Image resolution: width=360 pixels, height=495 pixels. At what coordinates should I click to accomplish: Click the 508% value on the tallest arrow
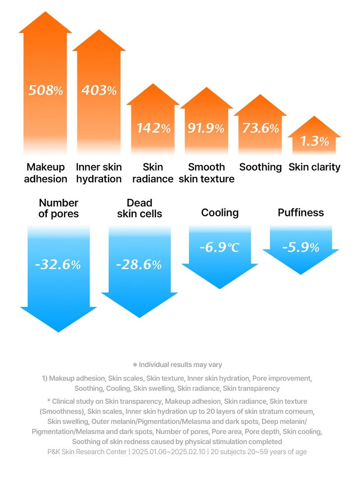click(x=46, y=90)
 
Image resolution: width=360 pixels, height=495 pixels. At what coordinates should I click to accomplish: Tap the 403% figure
click(x=99, y=90)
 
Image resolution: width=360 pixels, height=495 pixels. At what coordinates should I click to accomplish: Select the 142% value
click(x=153, y=128)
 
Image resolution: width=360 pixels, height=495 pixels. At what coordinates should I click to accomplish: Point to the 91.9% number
click(x=206, y=128)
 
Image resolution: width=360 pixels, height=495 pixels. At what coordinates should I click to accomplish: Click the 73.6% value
click(x=261, y=128)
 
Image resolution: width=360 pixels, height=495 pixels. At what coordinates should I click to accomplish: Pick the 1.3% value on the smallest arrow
click(x=315, y=141)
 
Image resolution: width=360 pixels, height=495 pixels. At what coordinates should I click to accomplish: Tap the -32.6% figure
click(x=58, y=265)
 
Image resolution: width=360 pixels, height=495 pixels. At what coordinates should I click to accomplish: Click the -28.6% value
click(x=139, y=265)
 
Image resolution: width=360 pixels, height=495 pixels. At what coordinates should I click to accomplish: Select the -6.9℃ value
click(x=220, y=247)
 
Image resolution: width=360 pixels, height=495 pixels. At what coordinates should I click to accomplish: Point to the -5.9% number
click(x=301, y=247)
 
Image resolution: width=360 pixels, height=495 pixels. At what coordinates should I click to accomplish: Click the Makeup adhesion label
click(x=45, y=173)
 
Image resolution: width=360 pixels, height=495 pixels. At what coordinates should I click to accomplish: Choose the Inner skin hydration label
click(x=99, y=173)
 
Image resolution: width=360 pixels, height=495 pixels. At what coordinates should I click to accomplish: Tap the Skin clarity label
click(x=315, y=167)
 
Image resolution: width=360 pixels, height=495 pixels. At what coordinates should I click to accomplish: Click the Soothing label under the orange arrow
click(x=261, y=167)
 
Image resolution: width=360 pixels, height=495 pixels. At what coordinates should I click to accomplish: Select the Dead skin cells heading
click(x=139, y=208)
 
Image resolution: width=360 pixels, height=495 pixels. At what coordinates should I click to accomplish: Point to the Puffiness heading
click(x=301, y=212)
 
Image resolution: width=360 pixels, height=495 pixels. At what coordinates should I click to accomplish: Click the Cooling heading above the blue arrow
click(x=220, y=213)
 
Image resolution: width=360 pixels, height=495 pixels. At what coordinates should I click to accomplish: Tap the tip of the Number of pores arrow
click(x=58, y=332)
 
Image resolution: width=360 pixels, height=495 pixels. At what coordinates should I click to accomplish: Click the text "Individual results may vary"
click(x=180, y=364)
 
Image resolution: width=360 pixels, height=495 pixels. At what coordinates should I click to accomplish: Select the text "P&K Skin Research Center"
click(x=87, y=452)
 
